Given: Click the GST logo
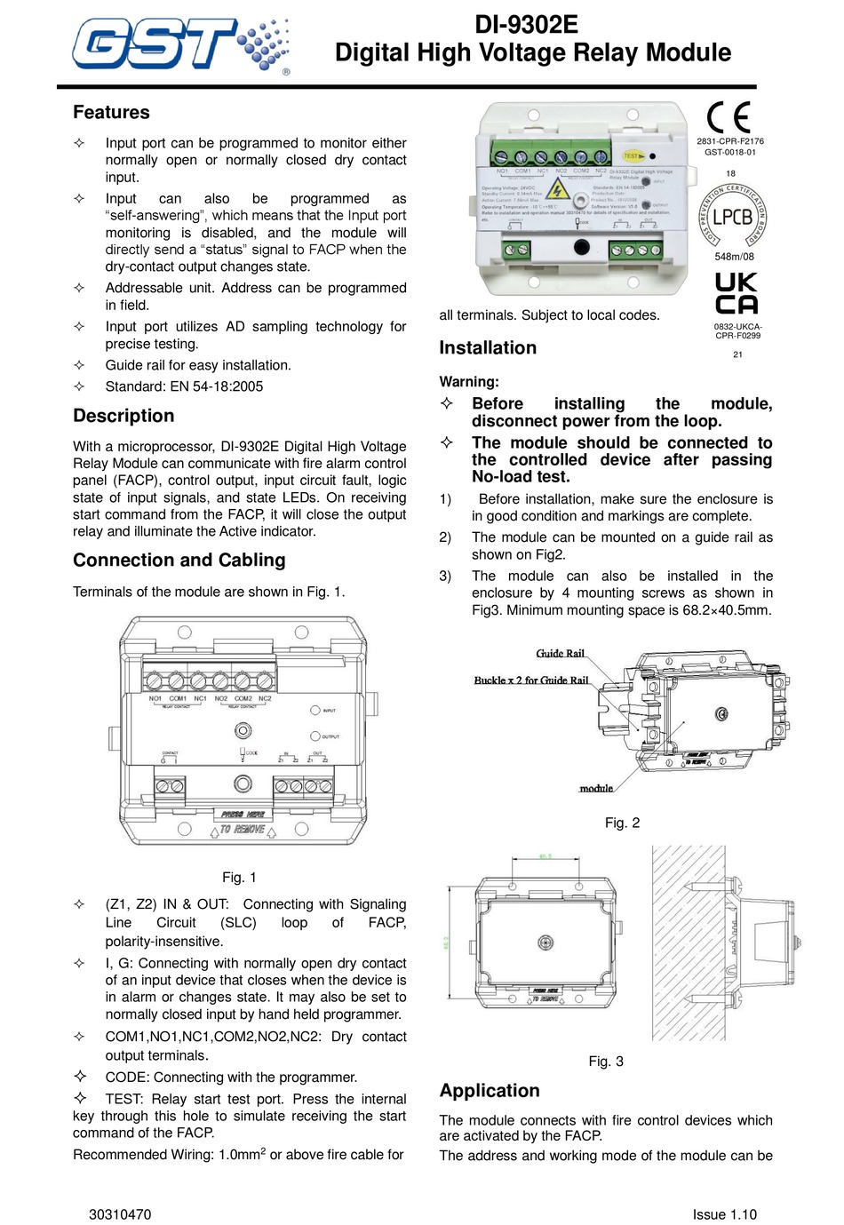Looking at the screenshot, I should pos(180,44).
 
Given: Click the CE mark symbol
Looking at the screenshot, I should pos(729,117).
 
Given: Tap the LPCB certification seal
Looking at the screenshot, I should pos(733,216).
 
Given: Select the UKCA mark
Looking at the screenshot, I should pos(737,294).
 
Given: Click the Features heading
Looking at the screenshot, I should pos(111,113).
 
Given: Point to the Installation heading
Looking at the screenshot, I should pos(488,348).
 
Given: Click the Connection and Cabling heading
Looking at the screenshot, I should pos(179,561).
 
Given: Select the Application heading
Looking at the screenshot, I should pos(490,1091).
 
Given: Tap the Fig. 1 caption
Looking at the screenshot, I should pos(239,878).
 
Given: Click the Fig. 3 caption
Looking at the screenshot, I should pos(606,1062).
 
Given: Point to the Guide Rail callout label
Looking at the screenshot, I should pos(560,654).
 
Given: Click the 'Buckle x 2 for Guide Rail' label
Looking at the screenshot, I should pos(530,680).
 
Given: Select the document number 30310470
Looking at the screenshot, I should pos(120,1214).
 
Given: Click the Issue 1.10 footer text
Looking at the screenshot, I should pos(725,1214).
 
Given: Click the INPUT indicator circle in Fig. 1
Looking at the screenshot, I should pos(315,711).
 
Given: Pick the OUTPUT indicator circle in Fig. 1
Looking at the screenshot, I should pos(315,736).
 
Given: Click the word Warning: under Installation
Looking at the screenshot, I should pos(468,382).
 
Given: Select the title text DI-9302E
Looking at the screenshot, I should pos(527,25).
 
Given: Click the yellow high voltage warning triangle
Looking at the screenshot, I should pos(557,189).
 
